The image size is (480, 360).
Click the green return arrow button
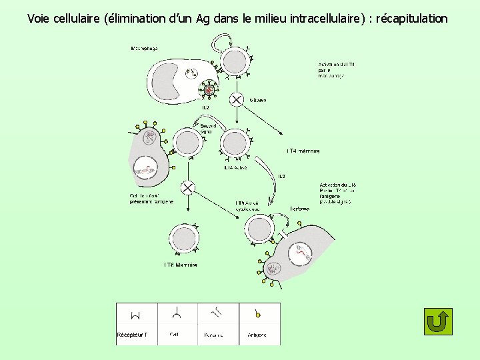click(437, 321)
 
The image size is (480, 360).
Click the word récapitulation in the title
click(412, 19)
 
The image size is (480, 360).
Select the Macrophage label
click(144, 49)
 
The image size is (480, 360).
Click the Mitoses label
click(258, 100)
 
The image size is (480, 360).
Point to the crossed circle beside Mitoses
click(237, 100)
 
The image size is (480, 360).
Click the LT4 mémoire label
click(303, 151)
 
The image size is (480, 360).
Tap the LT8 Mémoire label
click(181, 265)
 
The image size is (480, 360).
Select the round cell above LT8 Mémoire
click(183, 238)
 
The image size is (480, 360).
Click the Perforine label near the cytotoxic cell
click(299, 209)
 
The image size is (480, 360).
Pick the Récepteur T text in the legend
click(132, 335)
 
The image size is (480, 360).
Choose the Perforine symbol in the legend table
click(215, 313)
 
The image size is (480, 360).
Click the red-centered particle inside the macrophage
click(209, 89)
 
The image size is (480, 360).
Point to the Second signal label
click(208, 129)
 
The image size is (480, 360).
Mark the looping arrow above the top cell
click(222, 41)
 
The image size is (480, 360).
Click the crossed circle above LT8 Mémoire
click(188, 188)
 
